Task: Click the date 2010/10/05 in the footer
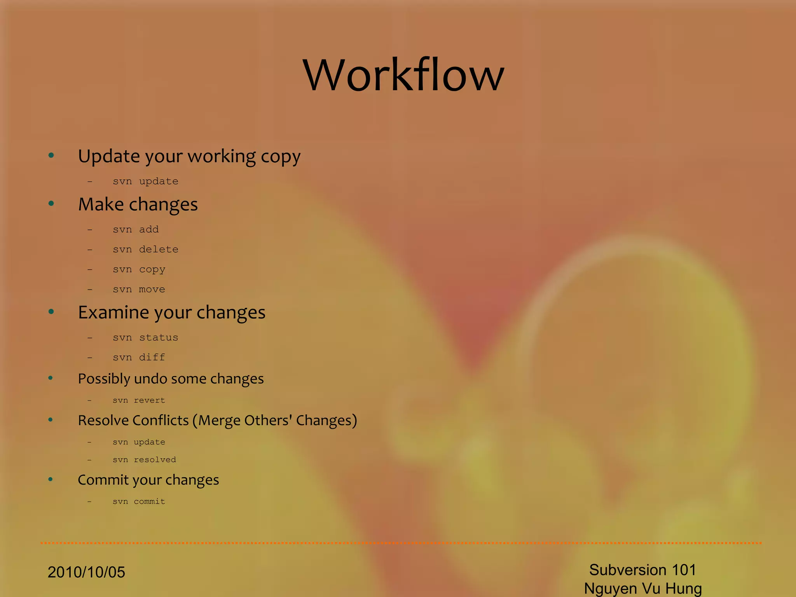click(86, 572)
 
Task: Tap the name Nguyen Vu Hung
click(643, 588)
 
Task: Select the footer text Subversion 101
click(642, 570)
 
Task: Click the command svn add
click(136, 229)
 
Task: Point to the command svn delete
click(145, 249)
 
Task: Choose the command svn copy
click(139, 269)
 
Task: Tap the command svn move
click(139, 289)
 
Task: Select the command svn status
click(145, 337)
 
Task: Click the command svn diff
click(139, 357)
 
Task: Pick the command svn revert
click(139, 400)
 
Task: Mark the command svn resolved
click(144, 460)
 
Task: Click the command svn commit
click(139, 501)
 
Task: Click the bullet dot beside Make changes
click(51, 204)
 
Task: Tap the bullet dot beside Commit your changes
click(51, 479)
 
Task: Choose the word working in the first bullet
click(222, 156)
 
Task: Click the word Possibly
click(104, 379)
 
